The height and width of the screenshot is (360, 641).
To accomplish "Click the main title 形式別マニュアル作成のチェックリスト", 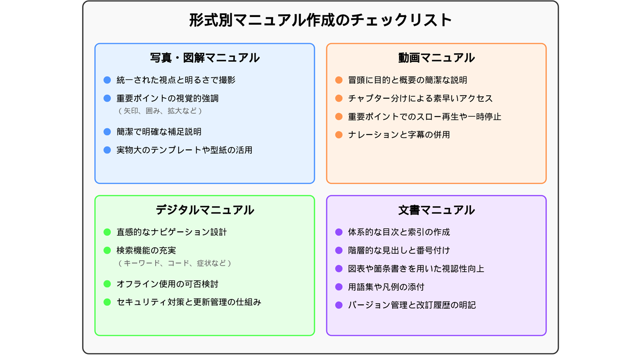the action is pyautogui.click(x=320, y=20).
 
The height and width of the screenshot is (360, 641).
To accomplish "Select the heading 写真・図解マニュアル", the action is pyautogui.click(x=205, y=58).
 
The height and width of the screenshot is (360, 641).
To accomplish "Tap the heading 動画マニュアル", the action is pyautogui.click(x=436, y=58).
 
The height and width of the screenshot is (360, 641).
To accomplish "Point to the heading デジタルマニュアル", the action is pyautogui.click(x=205, y=210).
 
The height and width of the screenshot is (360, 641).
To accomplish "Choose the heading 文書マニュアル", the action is pyautogui.click(x=436, y=210).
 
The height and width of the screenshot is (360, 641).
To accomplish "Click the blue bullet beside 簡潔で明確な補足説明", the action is pyautogui.click(x=107, y=132).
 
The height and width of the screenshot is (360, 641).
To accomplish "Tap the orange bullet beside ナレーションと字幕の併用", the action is pyautogui.click(x=339, y=135).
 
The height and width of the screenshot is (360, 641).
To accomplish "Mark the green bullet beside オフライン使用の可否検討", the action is pyautogui.click(x=107, y=284).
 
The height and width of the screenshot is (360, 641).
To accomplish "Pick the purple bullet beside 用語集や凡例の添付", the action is pyautogui.click(x=339, y=287).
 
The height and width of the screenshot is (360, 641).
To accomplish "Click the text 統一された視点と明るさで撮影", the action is pyautogui.click(x=176, y=80).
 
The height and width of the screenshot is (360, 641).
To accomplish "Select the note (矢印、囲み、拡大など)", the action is pyautogui.click(x=160, y=111).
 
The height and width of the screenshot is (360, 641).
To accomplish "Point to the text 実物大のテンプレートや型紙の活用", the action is pyautogui.click(x=184, y=150).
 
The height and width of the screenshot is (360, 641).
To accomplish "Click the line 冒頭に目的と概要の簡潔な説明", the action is pyautogui.click(x=408, y=80).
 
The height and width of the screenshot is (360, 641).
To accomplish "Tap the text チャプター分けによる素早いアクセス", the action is pyautogui.click(x=420, y=98).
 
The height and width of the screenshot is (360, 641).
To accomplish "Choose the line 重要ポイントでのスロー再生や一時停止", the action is pyautogui.click(x=425, y=117).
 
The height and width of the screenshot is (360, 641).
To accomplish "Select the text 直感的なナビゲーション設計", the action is pyautogui.click(x=172, y=232).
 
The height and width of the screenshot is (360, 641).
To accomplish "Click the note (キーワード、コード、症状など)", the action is pyautogui.click(x=175, y=263).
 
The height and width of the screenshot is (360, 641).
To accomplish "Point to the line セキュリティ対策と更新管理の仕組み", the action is pyautogui.click(x=189, y=302).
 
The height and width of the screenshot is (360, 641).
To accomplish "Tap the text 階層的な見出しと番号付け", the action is pyautogui.click(x=399, y=251).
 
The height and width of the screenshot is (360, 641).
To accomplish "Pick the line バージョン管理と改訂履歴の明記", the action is pyautogui.click(x=412, y=305).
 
